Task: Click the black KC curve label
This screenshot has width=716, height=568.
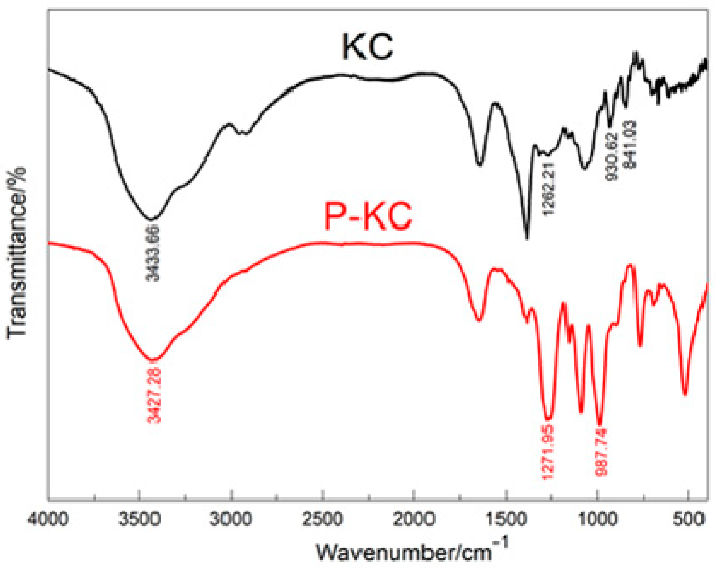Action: point(367,47)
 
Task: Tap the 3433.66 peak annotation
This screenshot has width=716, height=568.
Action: point(153,253)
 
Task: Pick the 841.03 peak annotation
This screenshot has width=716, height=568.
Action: point(630,145)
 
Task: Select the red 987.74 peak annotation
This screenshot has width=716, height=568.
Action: point(601,452)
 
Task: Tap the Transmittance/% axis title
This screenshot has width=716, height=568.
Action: point(16,253)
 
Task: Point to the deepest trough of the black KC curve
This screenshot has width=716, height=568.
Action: point(527,238)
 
